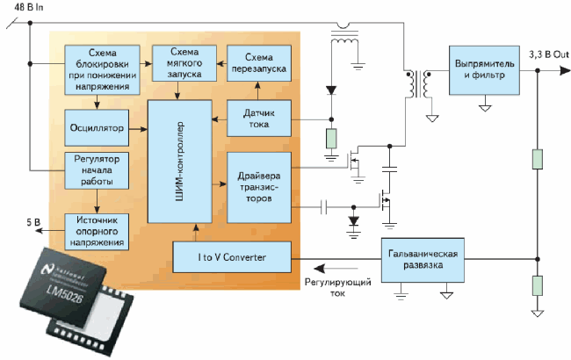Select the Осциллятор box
(95, 129)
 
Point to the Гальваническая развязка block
(422, 259)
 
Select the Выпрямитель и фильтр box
(483, 72)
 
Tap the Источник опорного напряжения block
(95, 230)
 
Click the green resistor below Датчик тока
(331, 139)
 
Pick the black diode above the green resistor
(331, 90)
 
